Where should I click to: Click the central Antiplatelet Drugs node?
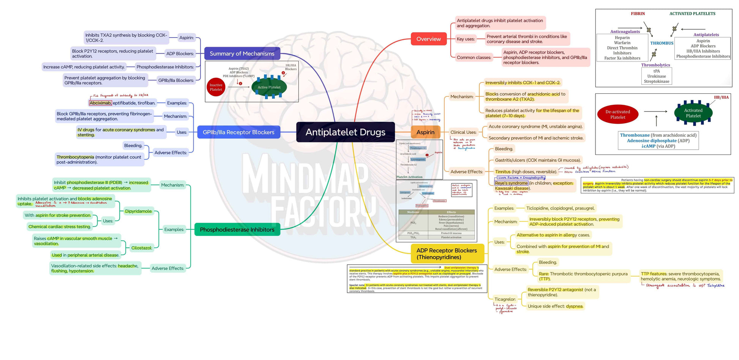click(345, 132)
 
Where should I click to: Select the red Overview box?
click(428, 39)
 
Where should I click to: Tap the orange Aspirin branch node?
click(425, 132)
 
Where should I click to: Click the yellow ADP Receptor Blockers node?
click(447, 254)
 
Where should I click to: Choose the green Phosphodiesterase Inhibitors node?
click(237, 230)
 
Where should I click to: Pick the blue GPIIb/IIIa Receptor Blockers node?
click(238, 132)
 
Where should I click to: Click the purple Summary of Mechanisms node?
click(242, 54)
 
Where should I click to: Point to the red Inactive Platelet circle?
click(216, 87)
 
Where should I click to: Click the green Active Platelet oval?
click(269, 87)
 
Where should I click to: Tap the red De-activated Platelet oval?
click(617, 114)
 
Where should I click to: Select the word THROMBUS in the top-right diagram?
click(662, 43)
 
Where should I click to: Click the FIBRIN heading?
click(638, 14)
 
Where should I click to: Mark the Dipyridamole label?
click(139, 211)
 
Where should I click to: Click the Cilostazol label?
click(142, 248)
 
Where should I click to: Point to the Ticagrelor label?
click(505, 299)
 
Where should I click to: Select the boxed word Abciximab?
click(100, 103)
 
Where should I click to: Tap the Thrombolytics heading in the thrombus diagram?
click(655, 65)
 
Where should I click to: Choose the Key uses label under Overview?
click(466, 39)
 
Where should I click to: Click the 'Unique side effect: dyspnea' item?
click(555, 306)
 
